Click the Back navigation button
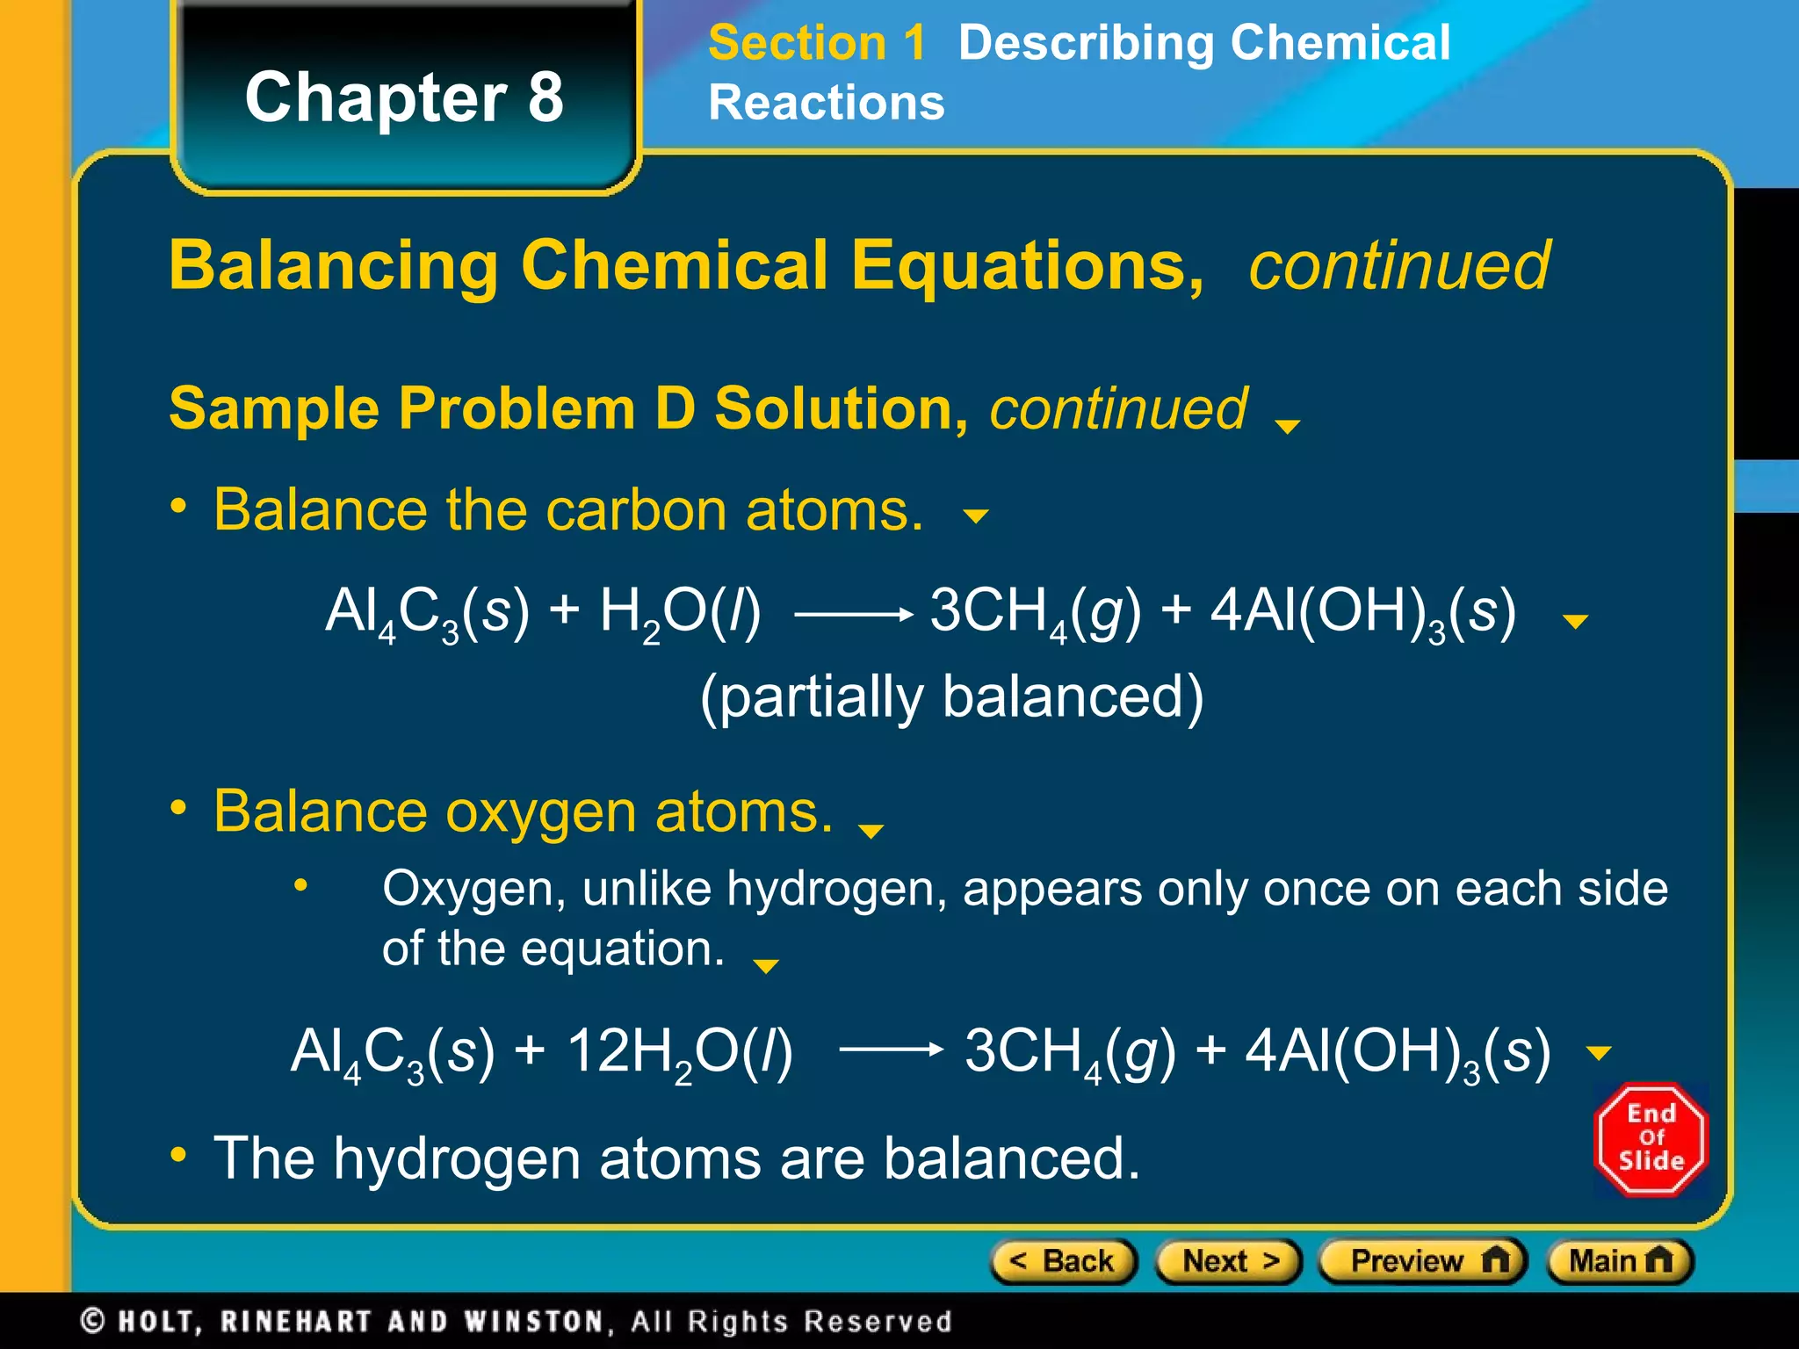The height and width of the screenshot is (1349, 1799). [1063, 1262]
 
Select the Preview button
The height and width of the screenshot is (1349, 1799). [1424, 1262]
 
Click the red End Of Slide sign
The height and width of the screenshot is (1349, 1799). [1651, 1139]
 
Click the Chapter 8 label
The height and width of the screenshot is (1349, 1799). [404, 97]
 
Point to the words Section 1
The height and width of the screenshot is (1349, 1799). [817, 43]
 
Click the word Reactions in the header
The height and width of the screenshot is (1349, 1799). [827, 103]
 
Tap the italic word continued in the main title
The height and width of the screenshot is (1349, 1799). [1399, 265]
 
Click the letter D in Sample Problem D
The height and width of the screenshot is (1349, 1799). [675, 409]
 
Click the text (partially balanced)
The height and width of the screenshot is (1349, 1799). [951, 697]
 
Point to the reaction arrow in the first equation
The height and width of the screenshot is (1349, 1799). [853, 615]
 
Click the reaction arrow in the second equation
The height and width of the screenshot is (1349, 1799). [891, 1049]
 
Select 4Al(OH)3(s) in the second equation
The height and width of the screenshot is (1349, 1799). [1398, 1052]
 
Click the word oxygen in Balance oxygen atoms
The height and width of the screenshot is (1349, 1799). [540, 812]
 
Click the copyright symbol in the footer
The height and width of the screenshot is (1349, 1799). [93, 1321]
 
